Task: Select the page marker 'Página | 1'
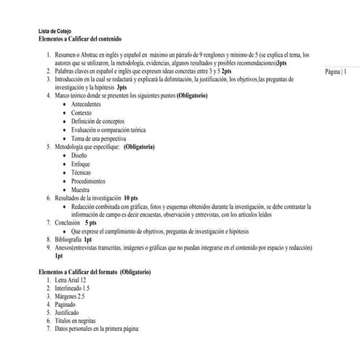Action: [335, 72]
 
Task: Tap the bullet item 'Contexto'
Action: [82, 113]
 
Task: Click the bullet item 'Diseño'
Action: [80, 156]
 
